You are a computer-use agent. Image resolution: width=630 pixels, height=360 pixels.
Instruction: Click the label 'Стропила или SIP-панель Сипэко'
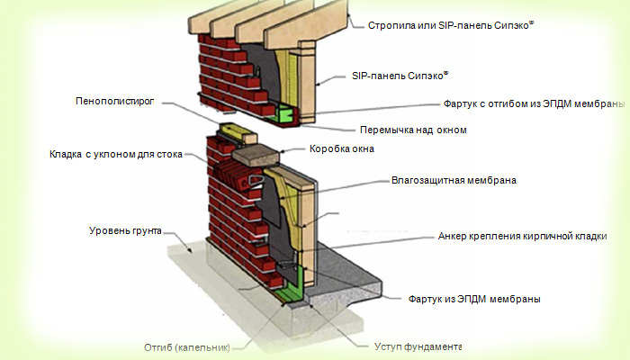click(451, 25)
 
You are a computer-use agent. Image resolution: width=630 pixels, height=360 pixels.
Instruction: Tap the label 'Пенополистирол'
click(115, 101)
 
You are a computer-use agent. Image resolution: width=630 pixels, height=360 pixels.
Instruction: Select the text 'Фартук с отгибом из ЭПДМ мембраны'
click(535, 103)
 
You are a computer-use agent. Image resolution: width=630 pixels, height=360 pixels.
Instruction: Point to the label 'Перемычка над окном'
click(413, 130)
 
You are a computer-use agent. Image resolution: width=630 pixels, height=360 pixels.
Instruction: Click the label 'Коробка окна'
click(342, 148)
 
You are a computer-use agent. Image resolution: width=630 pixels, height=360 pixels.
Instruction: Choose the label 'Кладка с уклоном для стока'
click(116, 154)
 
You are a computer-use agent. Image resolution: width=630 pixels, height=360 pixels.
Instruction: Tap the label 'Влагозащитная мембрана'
click(454, 180)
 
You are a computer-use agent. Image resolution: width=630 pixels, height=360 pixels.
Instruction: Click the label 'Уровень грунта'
click(125, 231)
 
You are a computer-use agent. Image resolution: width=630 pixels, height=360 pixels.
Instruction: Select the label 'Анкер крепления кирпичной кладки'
click(522, 236)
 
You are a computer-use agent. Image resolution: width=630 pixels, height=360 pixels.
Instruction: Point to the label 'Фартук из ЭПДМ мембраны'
click(474, 299)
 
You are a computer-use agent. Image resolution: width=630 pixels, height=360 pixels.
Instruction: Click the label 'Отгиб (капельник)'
click(187, 347)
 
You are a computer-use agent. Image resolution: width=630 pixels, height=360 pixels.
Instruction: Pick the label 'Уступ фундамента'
click(418, 346)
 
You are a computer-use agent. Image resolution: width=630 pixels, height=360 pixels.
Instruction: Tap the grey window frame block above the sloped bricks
click(256, 156)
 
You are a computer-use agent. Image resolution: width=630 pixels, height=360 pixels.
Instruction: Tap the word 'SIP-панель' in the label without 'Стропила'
click(379, 76)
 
